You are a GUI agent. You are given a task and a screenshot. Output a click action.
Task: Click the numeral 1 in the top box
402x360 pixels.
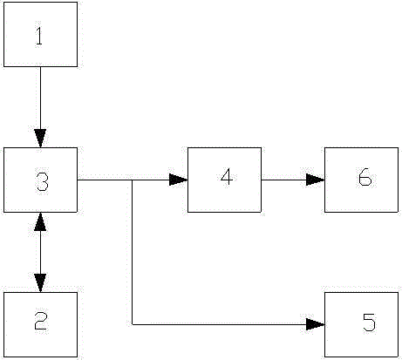coord(39,36)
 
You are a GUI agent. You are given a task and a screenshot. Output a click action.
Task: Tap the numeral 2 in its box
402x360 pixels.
coord(40,321)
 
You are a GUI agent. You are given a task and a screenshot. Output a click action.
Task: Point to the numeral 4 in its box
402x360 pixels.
coord(227,177)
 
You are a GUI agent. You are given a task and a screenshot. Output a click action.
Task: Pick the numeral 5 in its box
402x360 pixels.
coord(369,323)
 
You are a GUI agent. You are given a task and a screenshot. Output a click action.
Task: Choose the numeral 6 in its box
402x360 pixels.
coord(365,177)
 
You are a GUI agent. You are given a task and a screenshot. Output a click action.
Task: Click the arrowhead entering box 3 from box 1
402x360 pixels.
coord(40,139)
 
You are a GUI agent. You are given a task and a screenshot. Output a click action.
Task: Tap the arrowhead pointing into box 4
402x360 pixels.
coord(178,180)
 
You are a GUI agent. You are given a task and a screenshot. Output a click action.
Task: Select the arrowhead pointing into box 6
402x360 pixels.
coord(316,180)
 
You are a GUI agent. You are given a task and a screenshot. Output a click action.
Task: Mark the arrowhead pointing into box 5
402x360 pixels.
coord(316,324)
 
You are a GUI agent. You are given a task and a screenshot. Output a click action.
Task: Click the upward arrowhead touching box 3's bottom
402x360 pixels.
coord(40,221)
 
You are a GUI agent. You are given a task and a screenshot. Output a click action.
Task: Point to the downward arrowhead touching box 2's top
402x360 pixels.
coord(40,283)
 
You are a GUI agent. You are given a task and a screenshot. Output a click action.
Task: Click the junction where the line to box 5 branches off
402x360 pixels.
coord(133,180)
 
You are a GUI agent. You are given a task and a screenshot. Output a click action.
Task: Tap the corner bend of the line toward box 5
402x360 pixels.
coord(133,324)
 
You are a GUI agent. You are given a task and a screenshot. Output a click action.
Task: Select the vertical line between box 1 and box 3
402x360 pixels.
coord(40,107)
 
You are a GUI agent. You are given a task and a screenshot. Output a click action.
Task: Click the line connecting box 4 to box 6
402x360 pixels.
coord(293,180)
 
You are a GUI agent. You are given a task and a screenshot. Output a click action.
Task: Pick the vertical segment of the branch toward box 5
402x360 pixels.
coord(133,252)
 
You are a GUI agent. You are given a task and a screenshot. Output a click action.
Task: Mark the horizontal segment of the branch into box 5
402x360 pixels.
coord(228,324)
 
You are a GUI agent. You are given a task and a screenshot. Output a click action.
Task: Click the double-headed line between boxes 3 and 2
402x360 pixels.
coord(40,252)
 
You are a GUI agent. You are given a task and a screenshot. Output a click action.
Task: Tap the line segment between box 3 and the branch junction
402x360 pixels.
coord(105,180)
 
